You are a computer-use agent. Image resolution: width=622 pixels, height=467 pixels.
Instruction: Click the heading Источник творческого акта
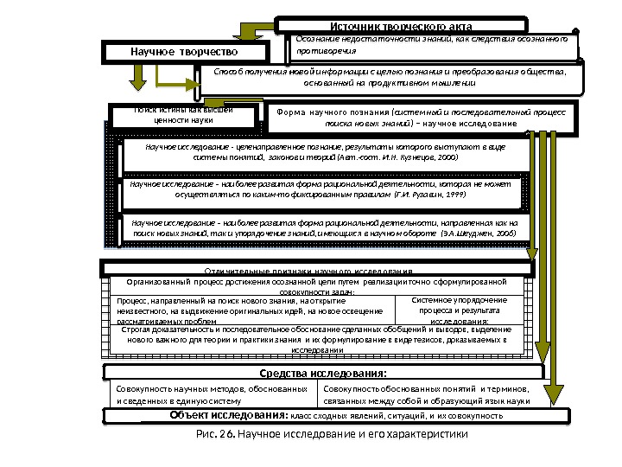tap(401, 26)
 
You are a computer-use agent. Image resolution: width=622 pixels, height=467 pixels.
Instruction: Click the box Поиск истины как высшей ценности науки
tap(183, 116)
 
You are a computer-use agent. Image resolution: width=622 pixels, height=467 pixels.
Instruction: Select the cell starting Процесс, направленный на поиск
tap(254, 310)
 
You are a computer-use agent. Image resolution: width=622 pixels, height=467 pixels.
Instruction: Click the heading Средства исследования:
tap(323, 374)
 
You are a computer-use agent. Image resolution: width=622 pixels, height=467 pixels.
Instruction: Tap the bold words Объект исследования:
tap(228, 416)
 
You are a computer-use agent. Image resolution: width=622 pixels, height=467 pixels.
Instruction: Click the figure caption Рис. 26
tap(323, 434)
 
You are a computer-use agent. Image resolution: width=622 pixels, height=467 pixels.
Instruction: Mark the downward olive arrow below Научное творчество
tap(136, 78)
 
